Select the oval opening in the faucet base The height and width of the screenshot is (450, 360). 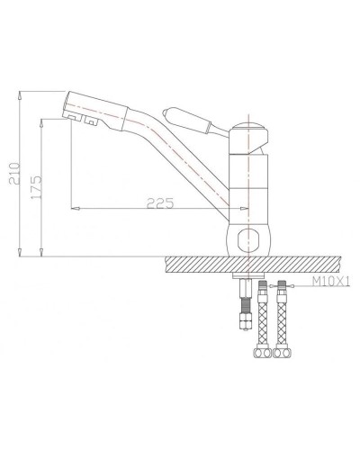tap(248, 239)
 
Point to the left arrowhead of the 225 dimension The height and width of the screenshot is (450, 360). tap(74, 209)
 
